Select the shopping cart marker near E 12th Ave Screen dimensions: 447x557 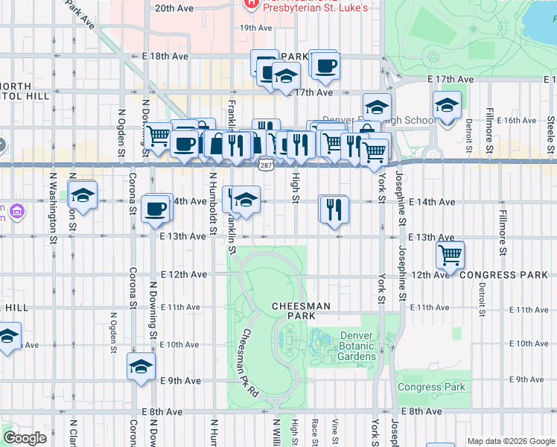[450, 255]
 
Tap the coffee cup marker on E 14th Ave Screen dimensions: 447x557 [156, 209]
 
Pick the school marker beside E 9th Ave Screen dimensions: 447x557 [140, 367]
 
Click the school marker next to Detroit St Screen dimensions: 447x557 [447, 107]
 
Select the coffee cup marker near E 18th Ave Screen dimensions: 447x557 [324, 67]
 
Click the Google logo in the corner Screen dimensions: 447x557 [25, 437]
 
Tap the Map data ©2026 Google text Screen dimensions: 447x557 [510, 441]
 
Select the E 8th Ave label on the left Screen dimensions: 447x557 [162, 411]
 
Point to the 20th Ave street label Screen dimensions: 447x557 [174, 9]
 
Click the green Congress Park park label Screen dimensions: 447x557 [431, 387]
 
